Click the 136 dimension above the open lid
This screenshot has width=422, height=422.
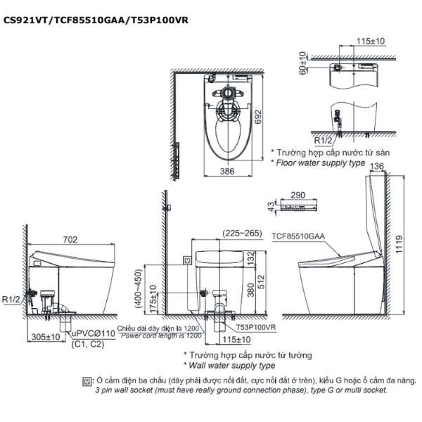coord(376,166)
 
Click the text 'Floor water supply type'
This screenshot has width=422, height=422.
coord(320,162)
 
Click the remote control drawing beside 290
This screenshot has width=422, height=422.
coord(296,205)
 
